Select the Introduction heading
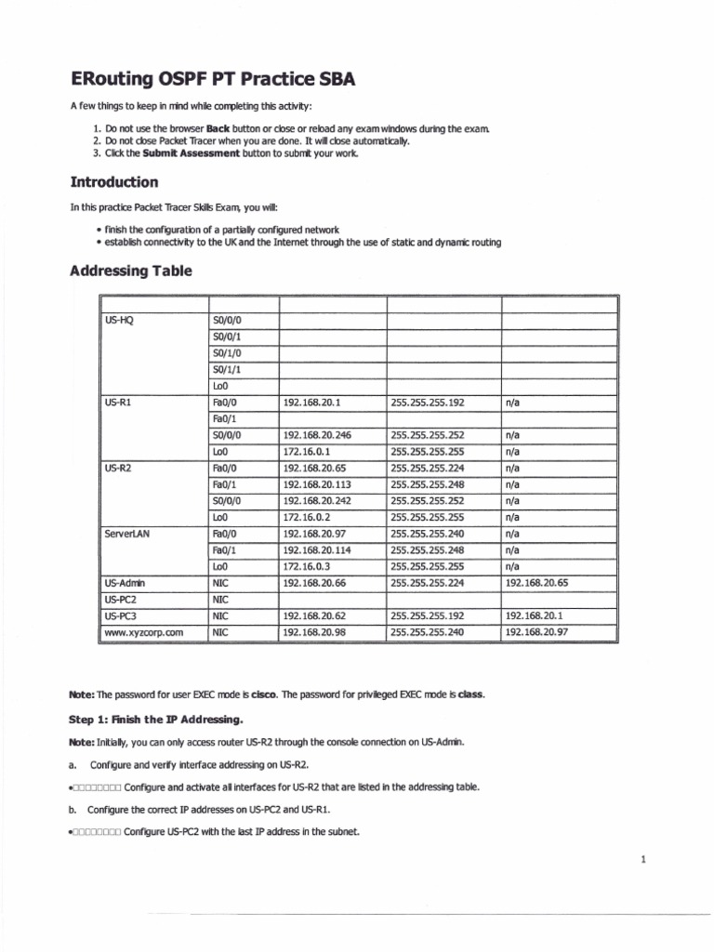[x=114, y=181]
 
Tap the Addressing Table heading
[x=131, y=271]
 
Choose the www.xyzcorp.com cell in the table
[x=143, y=632]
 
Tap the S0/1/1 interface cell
[x=227, y=370]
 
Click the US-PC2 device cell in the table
[x=122, y=600]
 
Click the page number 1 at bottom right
[x=641, y=860]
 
